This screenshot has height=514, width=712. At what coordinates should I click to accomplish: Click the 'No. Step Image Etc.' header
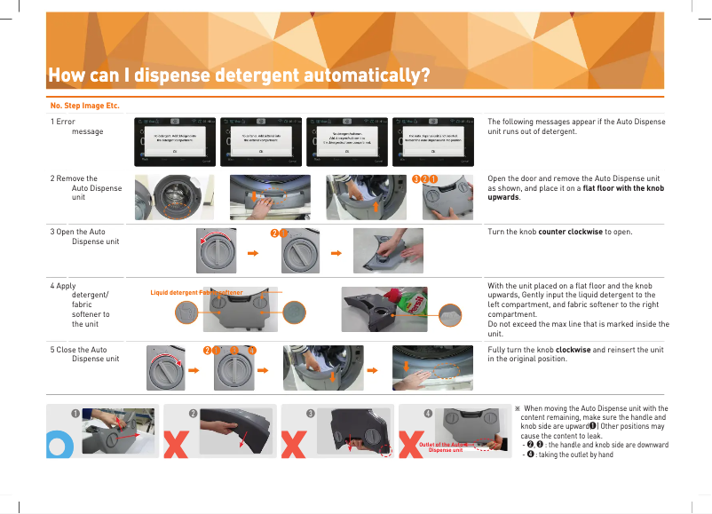(x=84, y=106)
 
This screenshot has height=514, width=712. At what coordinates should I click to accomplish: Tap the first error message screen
(x=175, y=140)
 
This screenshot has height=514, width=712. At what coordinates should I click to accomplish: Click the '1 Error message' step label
(x=77, y=126)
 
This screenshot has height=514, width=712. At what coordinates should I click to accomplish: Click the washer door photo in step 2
(x=170, y=196)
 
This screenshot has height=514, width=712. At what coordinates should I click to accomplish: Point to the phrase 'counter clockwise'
(x=569, y=233)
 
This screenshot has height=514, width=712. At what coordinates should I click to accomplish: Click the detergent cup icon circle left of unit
(x=186, y=312)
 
